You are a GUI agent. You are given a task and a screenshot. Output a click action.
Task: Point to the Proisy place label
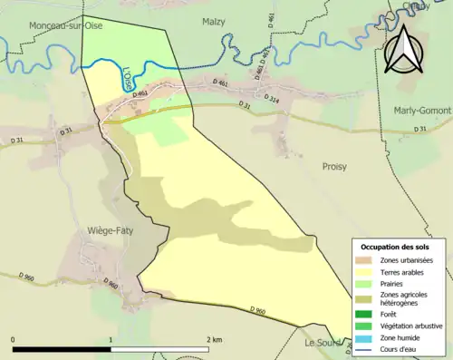pyautogui.click(x=334, y=167)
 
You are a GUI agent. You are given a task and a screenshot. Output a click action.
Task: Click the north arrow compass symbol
pyautogui.click(x=403, y=50)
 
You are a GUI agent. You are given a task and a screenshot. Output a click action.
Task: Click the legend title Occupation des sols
pyautogui.click(x=396, y=247)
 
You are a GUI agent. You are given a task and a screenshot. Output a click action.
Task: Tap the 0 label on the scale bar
pyautogui.click(x=14, y=340)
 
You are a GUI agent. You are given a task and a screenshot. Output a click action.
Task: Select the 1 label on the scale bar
pyautogui.click(x=111, y=340)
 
